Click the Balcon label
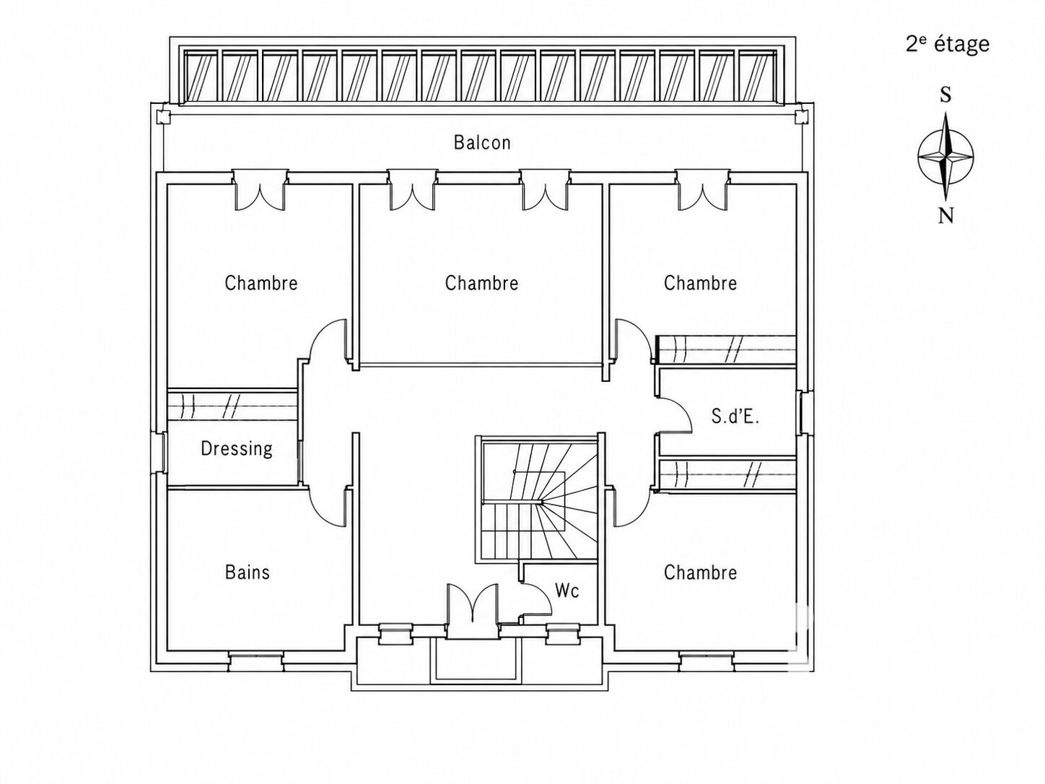point(482,142)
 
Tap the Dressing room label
point(237,448)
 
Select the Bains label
point(247,572)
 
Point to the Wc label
point(567,591)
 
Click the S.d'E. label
point(735,417)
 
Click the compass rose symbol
point(945,156)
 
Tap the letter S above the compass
point(945,95)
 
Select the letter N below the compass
point(946,217)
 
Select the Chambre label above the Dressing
point(261,283)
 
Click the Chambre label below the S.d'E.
point(700,572)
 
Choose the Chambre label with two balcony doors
point(481,283)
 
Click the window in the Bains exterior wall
point(255,660)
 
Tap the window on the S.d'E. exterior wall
point(803,412)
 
